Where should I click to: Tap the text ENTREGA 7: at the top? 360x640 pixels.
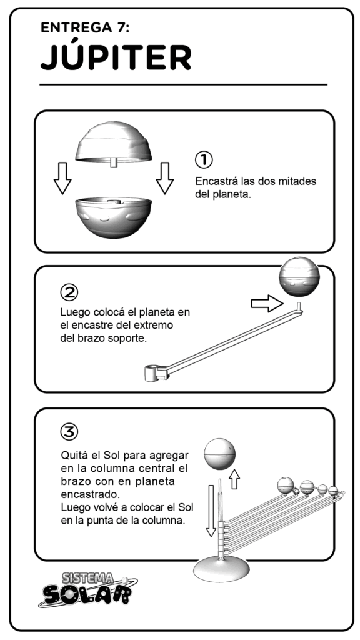point(85,27)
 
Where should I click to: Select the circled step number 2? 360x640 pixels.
point(69,292)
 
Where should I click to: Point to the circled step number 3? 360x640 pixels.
point(69,431)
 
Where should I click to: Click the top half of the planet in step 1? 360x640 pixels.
point(114,143)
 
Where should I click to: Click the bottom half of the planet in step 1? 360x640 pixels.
point(114,217)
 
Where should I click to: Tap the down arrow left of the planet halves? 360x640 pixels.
point(62,178)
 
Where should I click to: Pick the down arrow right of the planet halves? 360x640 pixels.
point(165,178)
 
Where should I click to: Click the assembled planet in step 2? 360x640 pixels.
point(299,277)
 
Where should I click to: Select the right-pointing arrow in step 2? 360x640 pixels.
point(267,304)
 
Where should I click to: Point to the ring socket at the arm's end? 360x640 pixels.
point(152,372)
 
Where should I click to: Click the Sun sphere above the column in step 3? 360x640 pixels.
point(220,454)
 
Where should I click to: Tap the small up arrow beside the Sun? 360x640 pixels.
point(234,479)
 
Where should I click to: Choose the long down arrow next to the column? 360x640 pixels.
point(211,511)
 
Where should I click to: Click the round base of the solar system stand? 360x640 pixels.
point(221,570)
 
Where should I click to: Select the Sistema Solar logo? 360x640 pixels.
point(88,589)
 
